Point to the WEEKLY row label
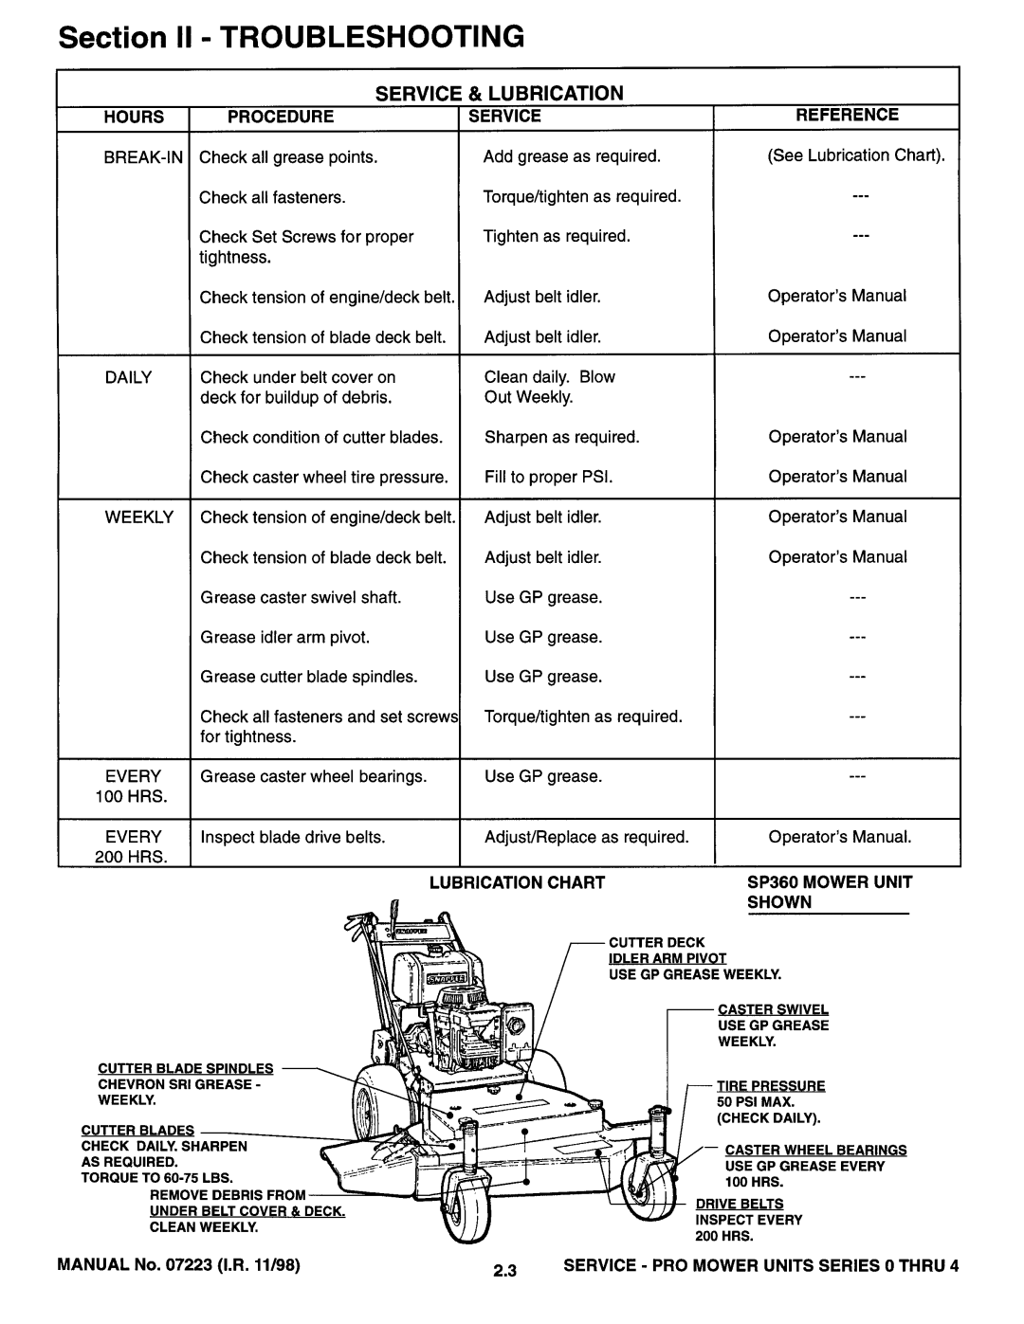point(139,517)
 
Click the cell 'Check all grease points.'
point(288,157)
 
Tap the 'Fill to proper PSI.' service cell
point(549,477)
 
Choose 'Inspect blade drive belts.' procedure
point(293,838)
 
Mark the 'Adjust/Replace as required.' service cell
point(587,838)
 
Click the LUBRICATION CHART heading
point(517,882)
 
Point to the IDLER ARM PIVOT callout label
point(667,958)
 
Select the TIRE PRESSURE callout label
point(771,1086)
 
